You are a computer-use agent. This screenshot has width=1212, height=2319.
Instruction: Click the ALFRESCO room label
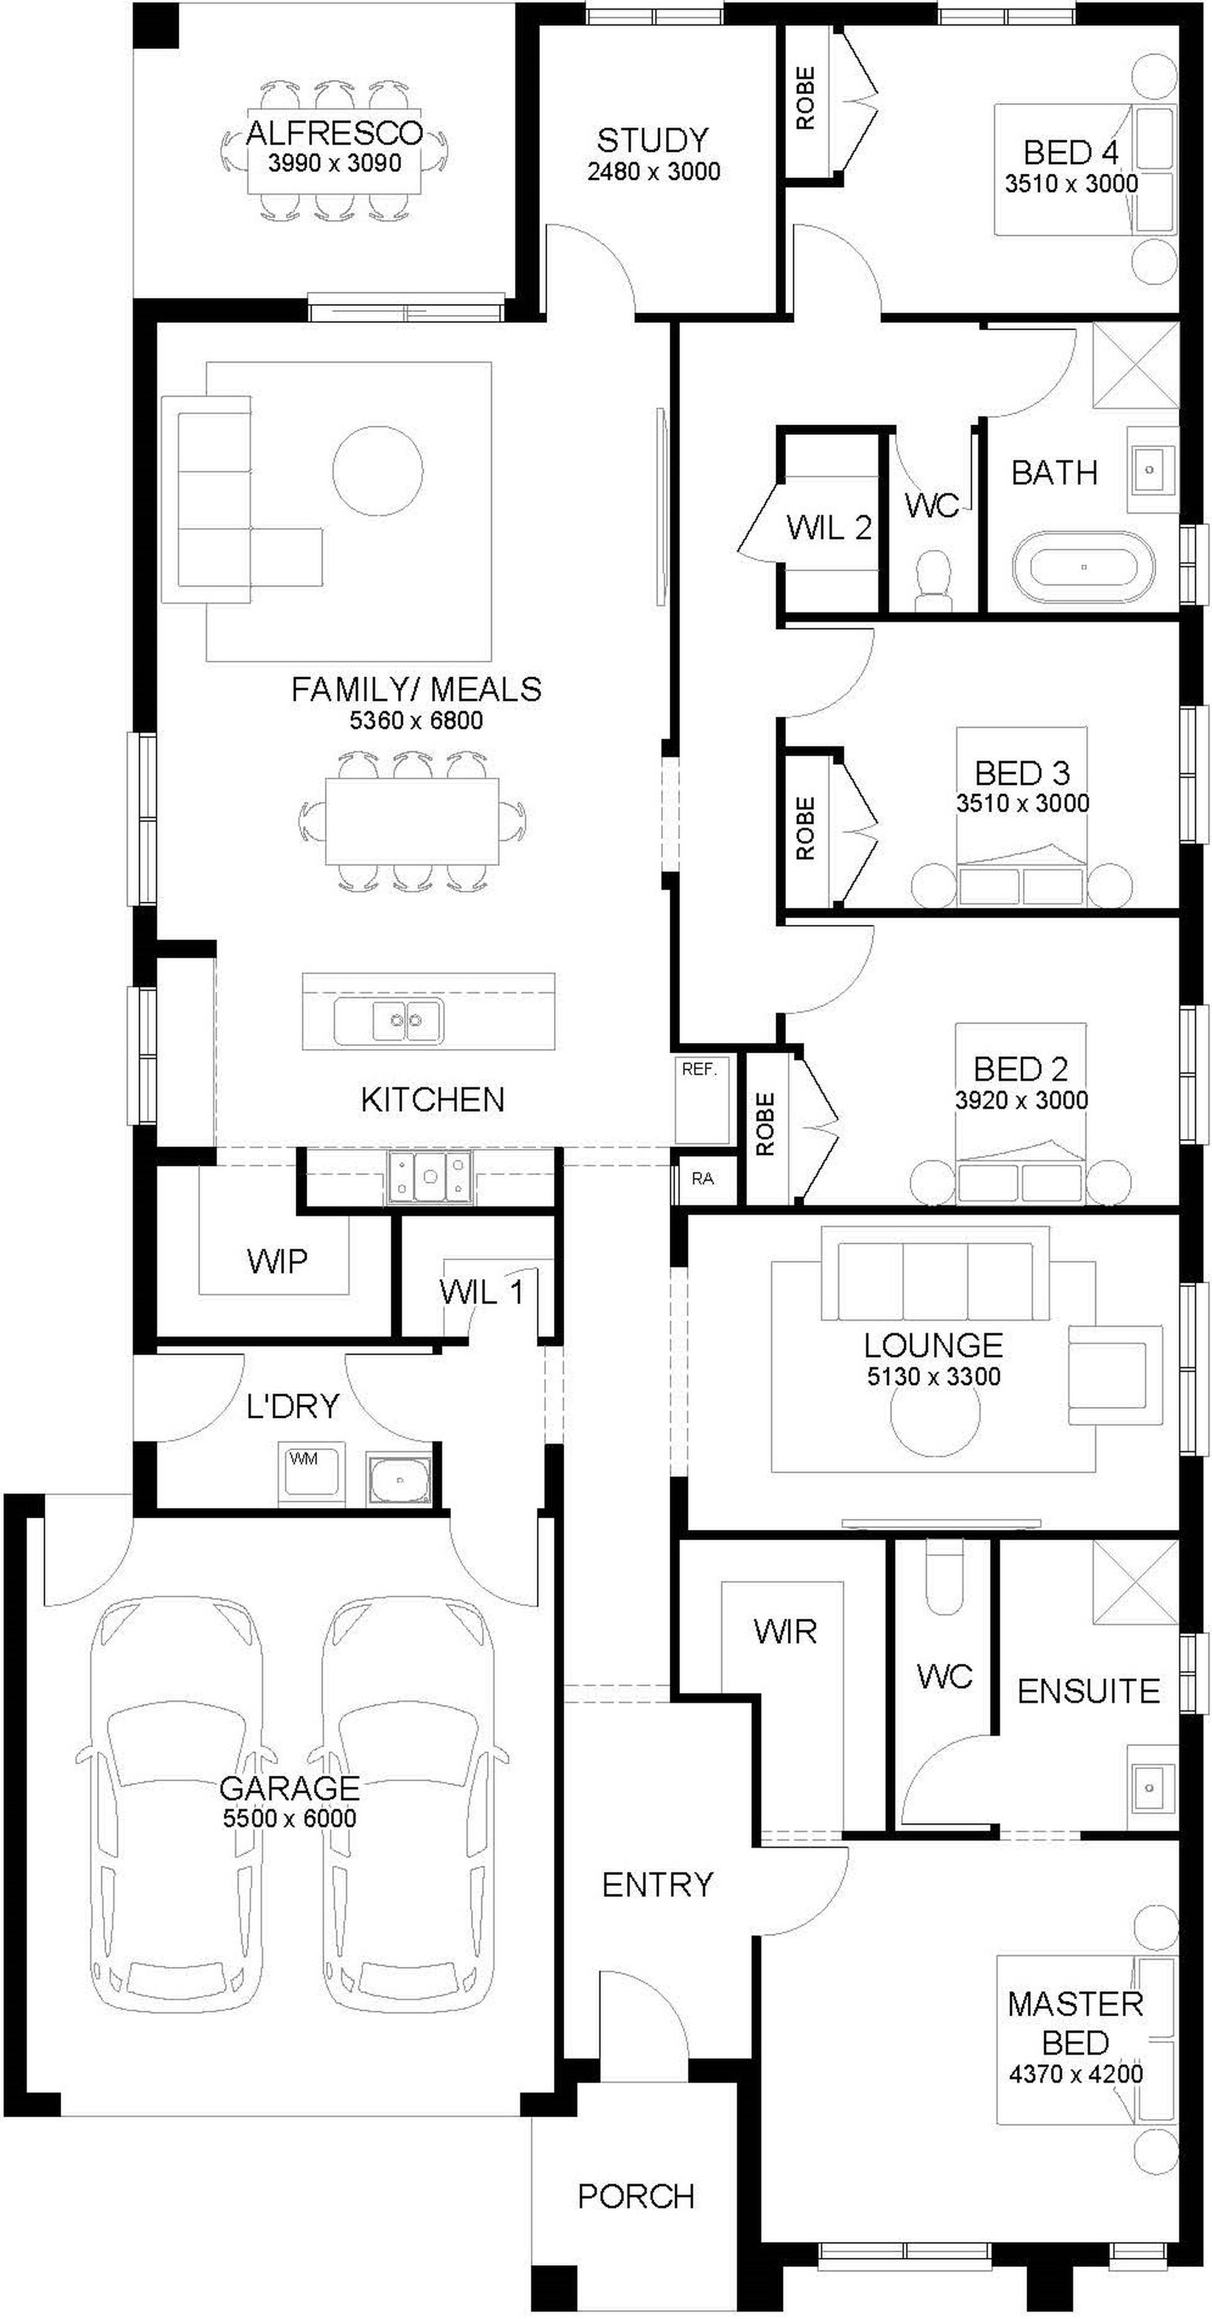click(x=334, y=133)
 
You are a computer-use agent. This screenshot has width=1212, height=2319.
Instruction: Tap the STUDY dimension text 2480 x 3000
click(x=654, y=171)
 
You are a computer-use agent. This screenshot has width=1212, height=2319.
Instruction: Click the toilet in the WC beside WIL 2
click(x=933, y=581)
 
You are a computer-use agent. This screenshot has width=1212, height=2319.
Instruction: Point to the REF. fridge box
click(x=702, y=1099)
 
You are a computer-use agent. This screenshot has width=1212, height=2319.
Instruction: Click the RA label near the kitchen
click(x=702, y=1177)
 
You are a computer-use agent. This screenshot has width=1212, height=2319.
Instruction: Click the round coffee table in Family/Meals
click(x=378, y=469)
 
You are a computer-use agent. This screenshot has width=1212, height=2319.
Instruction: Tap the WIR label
click(x=785, y=1631)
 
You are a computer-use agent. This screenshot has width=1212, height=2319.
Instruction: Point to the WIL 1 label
click(x=481, y=1292)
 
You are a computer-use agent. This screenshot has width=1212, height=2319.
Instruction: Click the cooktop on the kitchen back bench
click(x=430, y=1177)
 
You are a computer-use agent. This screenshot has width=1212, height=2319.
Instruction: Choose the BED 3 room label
click(x=1022, y=773)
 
